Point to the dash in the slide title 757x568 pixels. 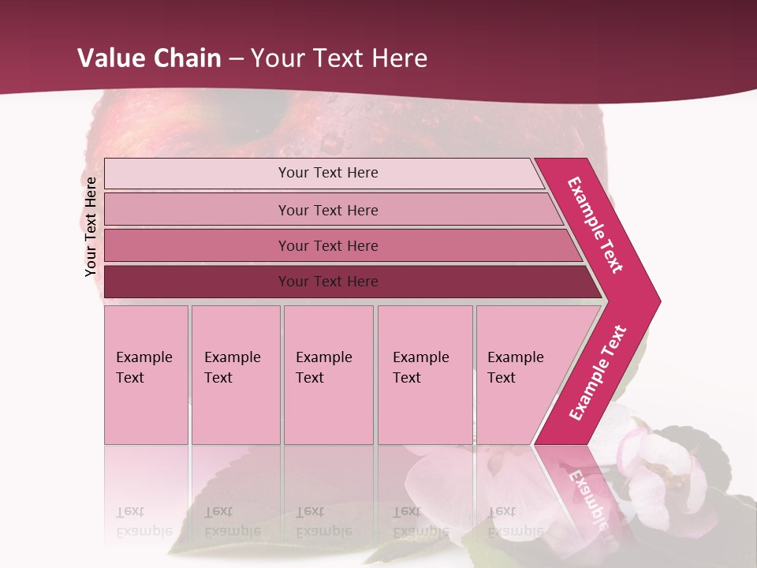tap(236, 59)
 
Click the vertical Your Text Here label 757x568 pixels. tap(91, 226)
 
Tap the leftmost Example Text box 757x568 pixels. tap(146, 375)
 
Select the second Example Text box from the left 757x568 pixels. tap(235, 375)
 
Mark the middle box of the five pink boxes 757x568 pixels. tap(328, 375)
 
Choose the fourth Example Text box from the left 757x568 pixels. tap(425, 375)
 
